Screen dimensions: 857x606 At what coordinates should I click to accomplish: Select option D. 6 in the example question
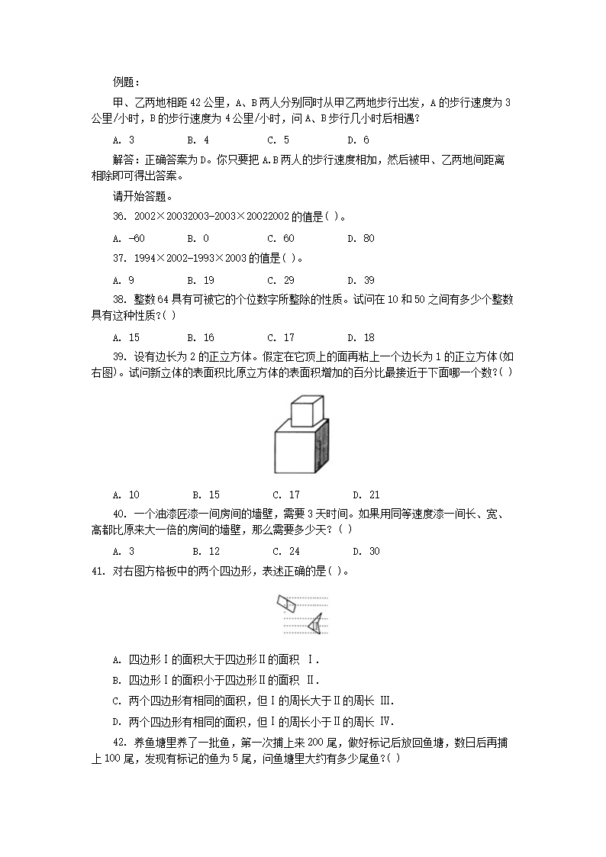click(x=358, y=140)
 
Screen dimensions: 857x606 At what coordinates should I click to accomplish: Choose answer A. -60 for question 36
click(x=128, y=238)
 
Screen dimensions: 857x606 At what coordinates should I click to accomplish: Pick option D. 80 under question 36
click(x=361, y=238)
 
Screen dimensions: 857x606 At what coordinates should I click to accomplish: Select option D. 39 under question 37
click(x=361, y=280)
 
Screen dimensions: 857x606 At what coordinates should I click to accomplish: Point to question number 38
click(x=119, y=301)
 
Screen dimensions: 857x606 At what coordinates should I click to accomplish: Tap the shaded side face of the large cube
click(x=323, y=449)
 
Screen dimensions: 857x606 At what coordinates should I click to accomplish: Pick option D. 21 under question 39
click(x=366, y=495)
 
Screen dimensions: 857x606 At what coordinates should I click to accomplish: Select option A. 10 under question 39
click(x=126, y=495)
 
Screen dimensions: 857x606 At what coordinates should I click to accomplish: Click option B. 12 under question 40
click(x=206, y=551)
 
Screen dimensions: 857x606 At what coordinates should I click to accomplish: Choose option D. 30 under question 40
click(x=366, y=551)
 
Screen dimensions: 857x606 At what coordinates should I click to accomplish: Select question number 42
click(x=119, y=742)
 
